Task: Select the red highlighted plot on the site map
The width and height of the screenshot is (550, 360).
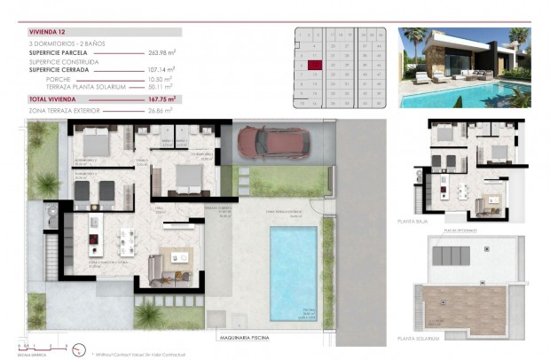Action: (x=314, y=64)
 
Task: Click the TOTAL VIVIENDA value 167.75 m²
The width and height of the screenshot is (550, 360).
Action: (x=159, y=99)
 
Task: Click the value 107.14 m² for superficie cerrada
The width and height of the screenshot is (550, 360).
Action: (x=159, y=68)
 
